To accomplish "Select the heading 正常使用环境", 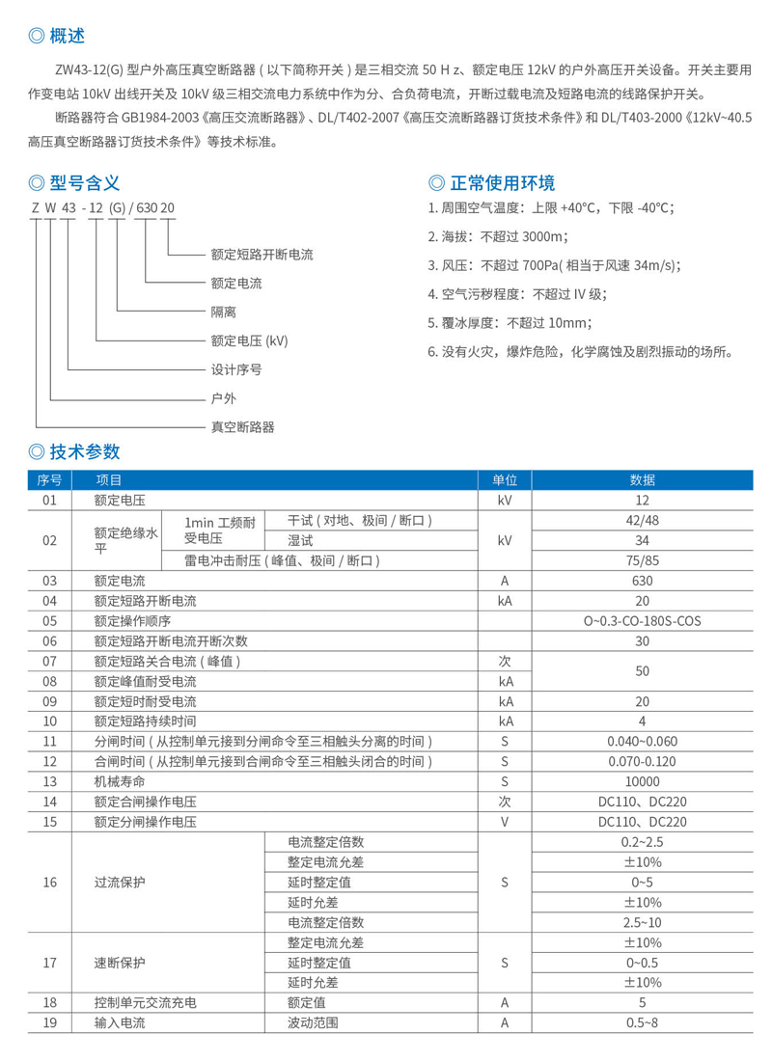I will click(502, 183).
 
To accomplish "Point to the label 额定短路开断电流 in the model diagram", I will click(262, 255).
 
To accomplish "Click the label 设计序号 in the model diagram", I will click(236, 368).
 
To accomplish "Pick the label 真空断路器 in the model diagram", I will click(242, 425).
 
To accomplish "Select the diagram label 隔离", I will click(223, 312).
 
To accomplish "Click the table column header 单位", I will click(505, 479).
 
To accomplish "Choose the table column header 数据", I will click(643, 479).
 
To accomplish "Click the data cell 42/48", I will click(643, 520).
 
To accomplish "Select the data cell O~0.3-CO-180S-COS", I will click(643, 620).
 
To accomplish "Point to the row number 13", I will click(50, 781).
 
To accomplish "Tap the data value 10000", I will click(643, 781).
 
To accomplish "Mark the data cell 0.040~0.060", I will click(643, 741).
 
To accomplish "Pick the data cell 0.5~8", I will click(643, 1023).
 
